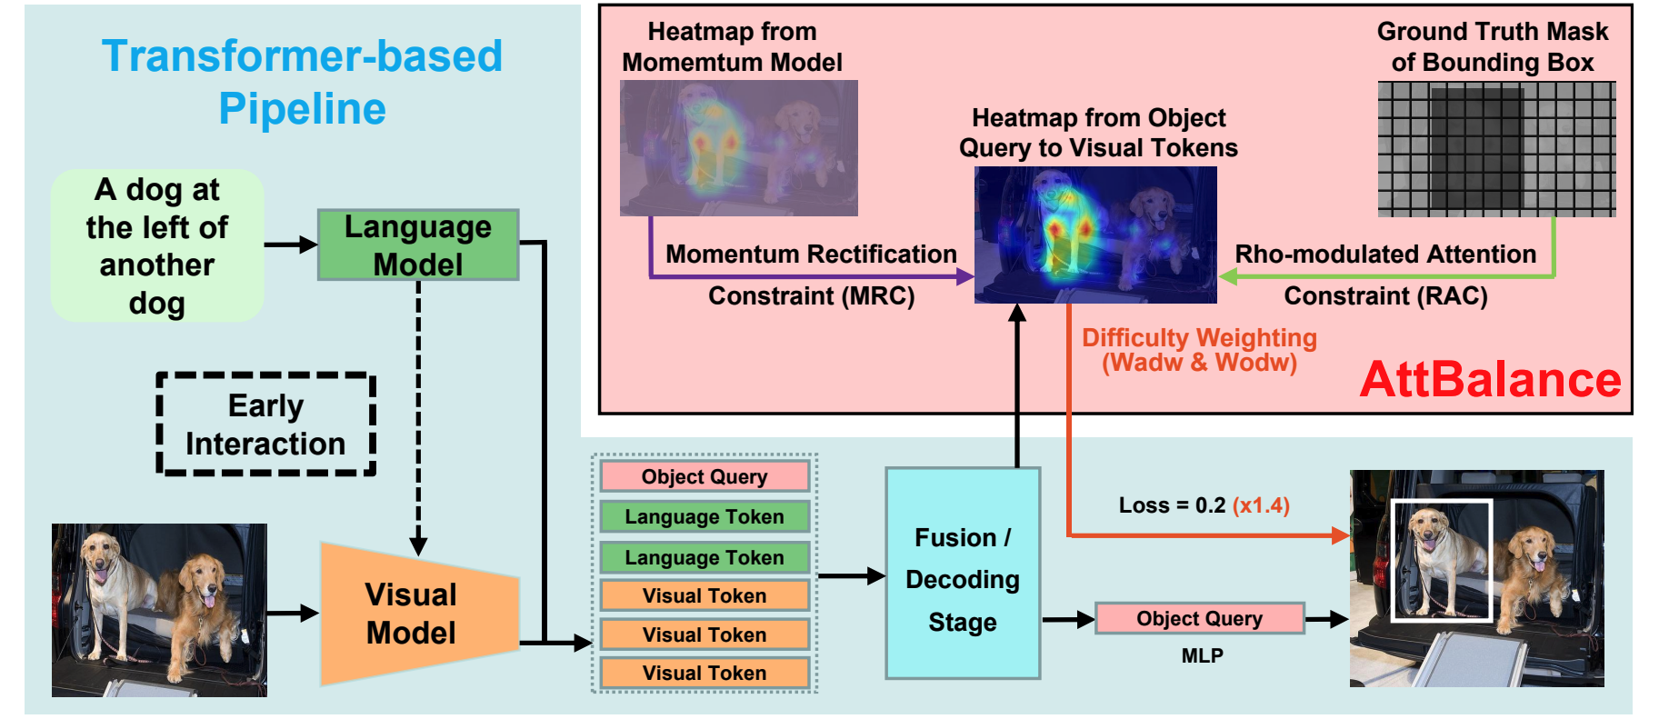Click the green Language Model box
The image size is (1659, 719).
(417, 245)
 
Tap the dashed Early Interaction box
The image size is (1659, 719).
(265, 424)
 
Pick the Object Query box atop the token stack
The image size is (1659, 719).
(705, 476)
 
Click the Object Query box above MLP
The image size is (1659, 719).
(1199, 618)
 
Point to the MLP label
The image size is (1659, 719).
(1202, 655)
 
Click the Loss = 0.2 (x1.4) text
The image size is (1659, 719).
(1204, 505)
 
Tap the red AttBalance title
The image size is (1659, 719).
(1490, 380)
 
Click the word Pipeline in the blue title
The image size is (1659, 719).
(303, 109)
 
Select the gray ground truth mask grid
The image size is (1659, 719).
(1496, 149)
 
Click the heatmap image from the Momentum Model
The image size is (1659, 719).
(738, 147)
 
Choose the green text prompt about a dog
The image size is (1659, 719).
(157, 245)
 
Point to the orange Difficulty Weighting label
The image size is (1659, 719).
(1199, 350)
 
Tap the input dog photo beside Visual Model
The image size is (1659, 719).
(159, 610)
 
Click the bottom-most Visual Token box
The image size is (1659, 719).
(705, 673)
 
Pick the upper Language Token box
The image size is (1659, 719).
(705, 516)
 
